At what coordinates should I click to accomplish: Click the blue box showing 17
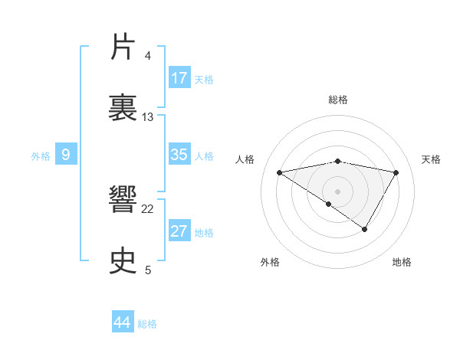coord(179,78)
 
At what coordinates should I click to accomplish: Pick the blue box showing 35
coord(179,155)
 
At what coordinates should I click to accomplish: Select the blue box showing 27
coord(179,231)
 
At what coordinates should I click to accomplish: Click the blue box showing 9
coord(66,155)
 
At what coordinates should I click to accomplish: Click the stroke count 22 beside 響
coord(148,208)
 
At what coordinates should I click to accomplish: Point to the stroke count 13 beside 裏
coord(148,116)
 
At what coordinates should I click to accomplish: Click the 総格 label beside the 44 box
coord(147,324)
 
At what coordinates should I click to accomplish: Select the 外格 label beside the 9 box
coord(41,156)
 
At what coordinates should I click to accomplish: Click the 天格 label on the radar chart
coord(432,159)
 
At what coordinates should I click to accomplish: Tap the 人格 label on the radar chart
coord(245,159)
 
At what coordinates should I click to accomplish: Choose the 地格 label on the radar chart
coord(402,262)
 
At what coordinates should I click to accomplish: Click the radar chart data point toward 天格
coord(396,172)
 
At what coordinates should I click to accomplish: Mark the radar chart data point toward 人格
coord(280,172)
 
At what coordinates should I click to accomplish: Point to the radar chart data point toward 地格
coord(365,229)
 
